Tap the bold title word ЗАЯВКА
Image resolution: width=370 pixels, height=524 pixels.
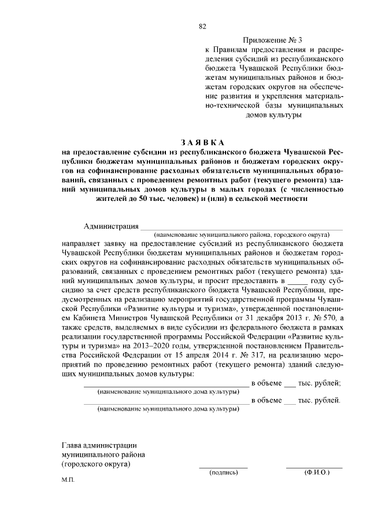(x=202, y=142)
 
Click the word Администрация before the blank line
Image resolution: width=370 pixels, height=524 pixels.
(x=111, y=226)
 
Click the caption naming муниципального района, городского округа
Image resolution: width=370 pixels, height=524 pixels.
(x=242, y=236)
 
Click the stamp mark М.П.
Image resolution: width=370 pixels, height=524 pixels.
(x=68, y=481)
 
